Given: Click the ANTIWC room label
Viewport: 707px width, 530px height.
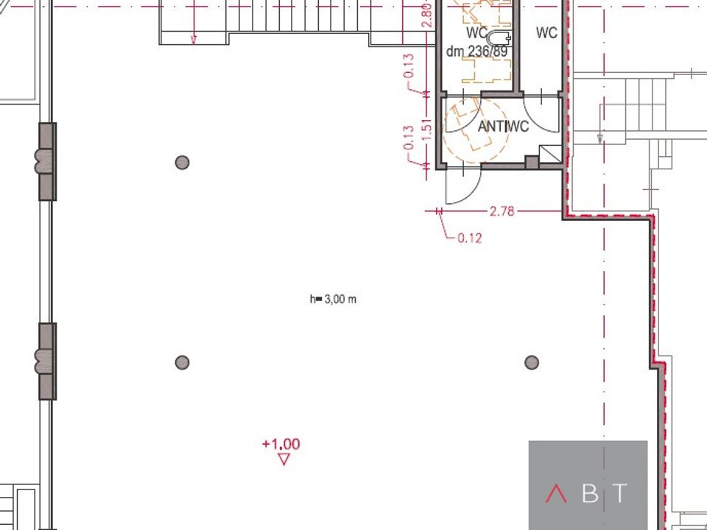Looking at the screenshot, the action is point(503,127).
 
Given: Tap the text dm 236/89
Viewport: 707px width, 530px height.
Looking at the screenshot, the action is point(476,52).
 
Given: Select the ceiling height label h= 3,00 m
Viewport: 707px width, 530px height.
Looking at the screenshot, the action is point(333,300).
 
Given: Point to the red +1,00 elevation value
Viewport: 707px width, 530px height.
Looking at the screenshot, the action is point(281,445).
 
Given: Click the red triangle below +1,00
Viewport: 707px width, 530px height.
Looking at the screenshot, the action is point(284,459).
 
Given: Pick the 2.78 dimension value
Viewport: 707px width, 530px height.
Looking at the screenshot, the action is point(502,211).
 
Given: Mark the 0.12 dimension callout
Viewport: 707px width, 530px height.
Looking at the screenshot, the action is point(469,238).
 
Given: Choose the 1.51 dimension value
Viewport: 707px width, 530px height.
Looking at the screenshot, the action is point(427,130).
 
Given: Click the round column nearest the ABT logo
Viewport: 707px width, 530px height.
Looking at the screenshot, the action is point(532,362).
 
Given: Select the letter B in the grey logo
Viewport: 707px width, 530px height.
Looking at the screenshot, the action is point(590,494).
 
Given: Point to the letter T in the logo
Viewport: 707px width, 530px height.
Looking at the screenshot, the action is point(621,493).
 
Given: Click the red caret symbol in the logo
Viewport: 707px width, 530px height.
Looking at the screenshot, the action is point(556,494).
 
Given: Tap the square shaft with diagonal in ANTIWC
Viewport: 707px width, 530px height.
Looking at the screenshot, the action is point(550,154).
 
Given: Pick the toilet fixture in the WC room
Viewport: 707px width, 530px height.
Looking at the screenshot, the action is point(499,38).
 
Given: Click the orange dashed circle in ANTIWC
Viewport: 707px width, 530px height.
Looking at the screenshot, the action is point(476,130).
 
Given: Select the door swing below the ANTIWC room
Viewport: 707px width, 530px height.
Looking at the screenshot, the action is point(463,186).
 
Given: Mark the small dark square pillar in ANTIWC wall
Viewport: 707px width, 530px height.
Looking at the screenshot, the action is point(532,162).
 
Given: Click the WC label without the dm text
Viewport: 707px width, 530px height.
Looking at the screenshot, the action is point(546,32).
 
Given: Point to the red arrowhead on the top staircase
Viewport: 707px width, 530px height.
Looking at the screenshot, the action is point(194,40).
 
